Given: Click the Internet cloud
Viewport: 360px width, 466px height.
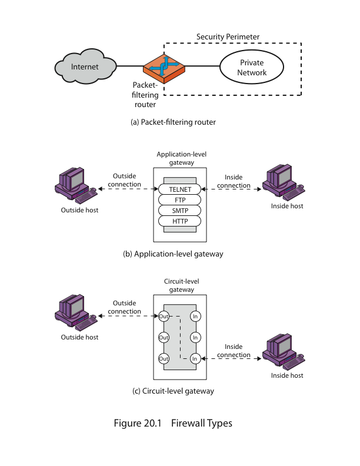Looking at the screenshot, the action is [85, 66].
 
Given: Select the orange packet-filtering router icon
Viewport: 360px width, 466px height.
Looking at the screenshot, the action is [164, 68].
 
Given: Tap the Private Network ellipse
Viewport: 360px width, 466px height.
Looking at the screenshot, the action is [252, 67].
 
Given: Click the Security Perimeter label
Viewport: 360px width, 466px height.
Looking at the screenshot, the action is [228, 37].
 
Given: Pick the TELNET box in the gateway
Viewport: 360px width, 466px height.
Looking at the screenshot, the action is [179, 189].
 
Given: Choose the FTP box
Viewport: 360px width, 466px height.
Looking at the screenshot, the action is [179, 200].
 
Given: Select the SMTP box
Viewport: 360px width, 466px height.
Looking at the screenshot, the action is [179, 211].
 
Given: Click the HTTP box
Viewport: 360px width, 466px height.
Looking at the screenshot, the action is [179, 221].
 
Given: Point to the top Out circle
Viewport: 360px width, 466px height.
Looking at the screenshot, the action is [164, 316].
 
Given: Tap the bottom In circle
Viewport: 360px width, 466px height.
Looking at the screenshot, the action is [195, 359].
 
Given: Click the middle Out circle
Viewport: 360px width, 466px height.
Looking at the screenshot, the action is [164, 338].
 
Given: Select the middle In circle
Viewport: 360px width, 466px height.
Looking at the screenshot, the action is [195, 338].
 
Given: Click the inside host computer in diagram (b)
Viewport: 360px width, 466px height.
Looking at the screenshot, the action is [284, 182].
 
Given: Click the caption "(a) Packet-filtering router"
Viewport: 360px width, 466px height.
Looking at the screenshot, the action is [173, 122].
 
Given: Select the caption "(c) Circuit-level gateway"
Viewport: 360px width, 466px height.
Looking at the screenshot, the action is [173, 391].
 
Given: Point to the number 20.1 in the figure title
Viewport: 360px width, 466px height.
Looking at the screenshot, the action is [152, 423].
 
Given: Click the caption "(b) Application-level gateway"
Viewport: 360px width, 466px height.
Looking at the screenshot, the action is [173, 254].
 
